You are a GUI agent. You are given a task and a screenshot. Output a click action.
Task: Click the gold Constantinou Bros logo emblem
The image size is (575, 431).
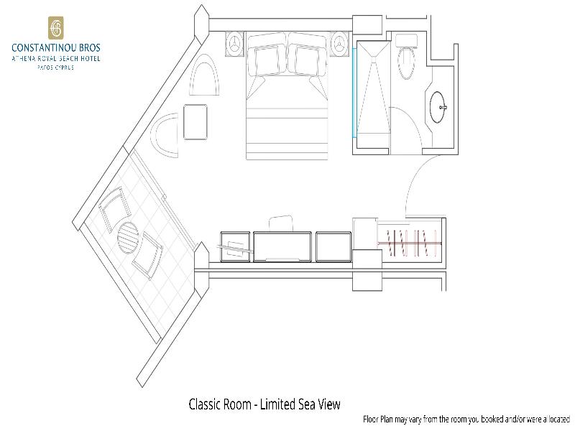(x=56, y=28)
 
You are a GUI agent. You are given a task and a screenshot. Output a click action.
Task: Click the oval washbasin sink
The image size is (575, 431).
(x=438, y=107)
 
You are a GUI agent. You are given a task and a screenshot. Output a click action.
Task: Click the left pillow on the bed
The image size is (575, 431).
(x=267, y=60)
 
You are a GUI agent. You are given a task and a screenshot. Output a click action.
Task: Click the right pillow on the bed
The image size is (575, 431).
(x=308, y=60)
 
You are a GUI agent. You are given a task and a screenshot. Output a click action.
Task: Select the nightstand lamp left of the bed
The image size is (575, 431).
(x=234, y=45)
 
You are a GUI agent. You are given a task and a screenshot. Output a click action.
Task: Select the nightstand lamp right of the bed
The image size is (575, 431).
(x=339, y=45)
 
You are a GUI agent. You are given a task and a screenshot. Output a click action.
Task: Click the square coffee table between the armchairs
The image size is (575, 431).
(x=195, y=122)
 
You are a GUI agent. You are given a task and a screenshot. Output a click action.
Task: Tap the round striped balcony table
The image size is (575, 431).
(x=128, y=237)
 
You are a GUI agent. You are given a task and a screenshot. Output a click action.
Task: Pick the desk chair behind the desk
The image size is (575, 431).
(x=281, y=223)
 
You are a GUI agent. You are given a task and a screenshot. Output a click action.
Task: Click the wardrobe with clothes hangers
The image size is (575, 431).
(x=410, y=242)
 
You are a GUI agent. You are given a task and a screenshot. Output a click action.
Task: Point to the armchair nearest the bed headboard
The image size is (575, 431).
(x=204, y=75)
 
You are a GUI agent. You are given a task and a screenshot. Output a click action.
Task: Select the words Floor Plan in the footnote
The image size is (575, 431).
(x=378, y=419)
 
